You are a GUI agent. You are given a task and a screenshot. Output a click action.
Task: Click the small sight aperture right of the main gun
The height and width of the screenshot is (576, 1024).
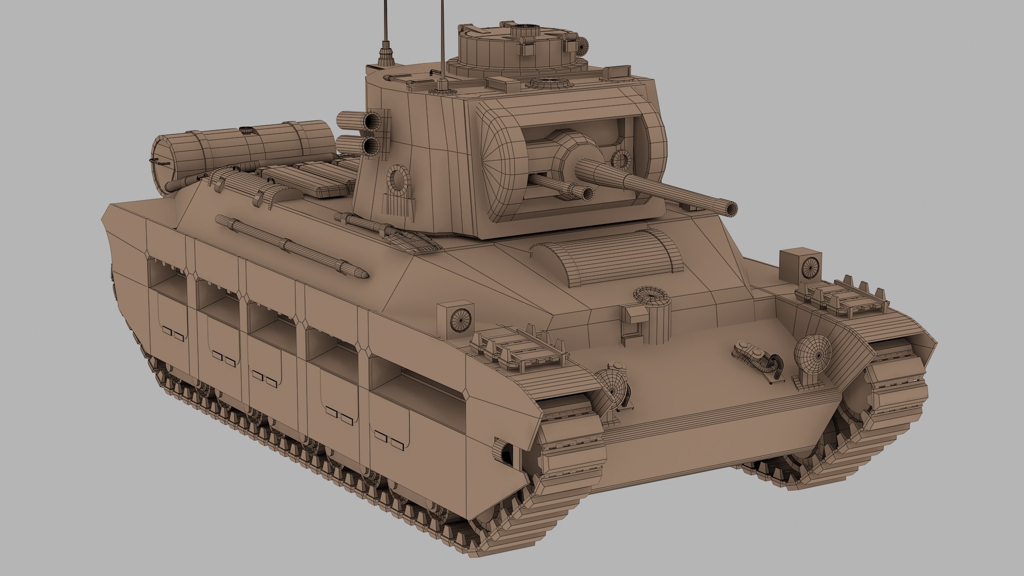tap(621, 159)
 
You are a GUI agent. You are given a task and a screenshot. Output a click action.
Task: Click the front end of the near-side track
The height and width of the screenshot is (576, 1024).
tap(565, 453)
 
